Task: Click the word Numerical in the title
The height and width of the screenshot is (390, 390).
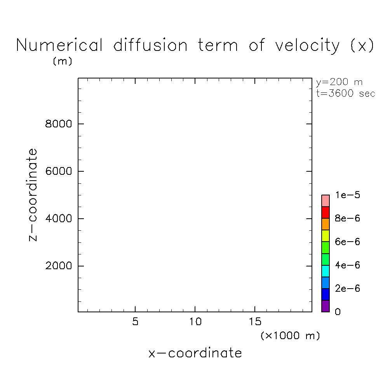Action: coord(59,45)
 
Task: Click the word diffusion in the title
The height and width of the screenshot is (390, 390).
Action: coord(150,45)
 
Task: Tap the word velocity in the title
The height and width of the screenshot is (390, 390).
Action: coord(307,46)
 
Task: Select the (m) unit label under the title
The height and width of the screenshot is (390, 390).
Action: coord(63,61)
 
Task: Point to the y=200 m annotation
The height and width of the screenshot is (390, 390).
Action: coord(339,82)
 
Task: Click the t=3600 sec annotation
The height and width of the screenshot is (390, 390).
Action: coord(346,94)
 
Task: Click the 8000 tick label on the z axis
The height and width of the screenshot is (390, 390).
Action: coord(59,124)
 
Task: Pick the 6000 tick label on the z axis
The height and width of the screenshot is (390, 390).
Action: coord(59,171)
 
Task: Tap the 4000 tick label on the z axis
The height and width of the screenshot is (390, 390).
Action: coord(59,219)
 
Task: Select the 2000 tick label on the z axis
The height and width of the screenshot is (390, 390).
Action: coord(59,266)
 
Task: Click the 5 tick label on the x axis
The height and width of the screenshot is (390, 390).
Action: coord(135,322)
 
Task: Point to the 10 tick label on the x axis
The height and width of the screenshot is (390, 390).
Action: coord(195,322)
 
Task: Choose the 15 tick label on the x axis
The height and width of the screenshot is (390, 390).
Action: coord(255,322)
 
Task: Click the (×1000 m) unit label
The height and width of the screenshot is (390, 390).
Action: coord(290,336)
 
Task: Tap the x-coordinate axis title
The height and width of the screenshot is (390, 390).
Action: coord(195,353)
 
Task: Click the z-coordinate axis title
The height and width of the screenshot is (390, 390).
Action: coord(33,195)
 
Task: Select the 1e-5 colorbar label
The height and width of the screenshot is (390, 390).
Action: coord(347,195)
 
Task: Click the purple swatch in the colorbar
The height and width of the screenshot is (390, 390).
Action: coord(326,306)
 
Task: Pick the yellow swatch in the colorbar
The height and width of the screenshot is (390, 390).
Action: coord(326,236)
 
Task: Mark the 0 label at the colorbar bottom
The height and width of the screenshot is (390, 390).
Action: coord(338,312)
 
